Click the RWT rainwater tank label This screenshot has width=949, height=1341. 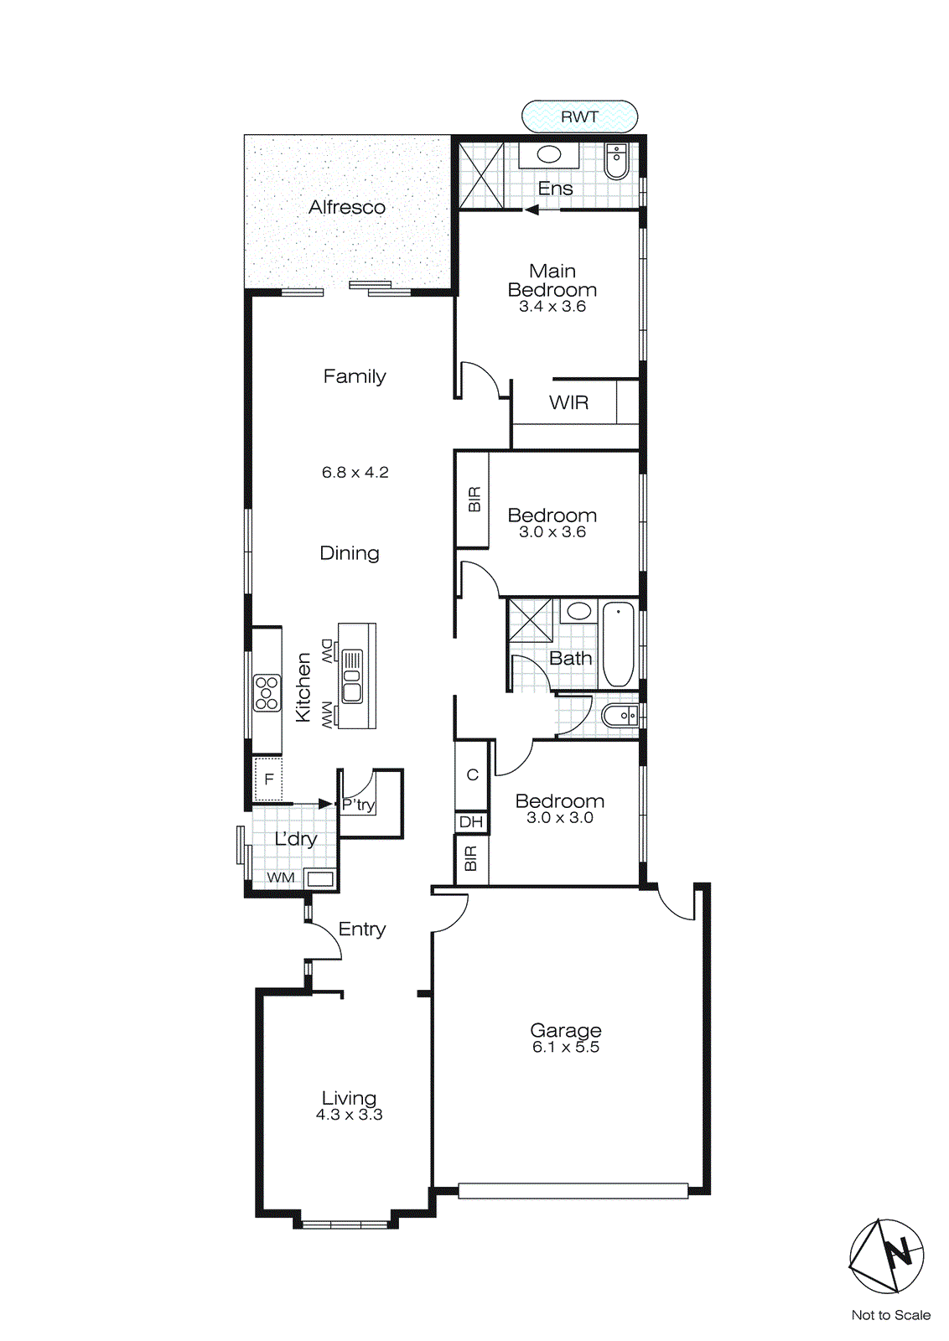[x=579, y=116]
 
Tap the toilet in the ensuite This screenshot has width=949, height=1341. [x=616, y=162]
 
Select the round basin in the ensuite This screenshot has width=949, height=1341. [x=548, y=154]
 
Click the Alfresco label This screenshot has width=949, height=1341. [x=347, y=207]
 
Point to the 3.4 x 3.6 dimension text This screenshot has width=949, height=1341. [x=552, y=307]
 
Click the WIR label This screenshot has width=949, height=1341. [x=568, y=403]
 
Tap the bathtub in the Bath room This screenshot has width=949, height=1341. [x=619, y=644]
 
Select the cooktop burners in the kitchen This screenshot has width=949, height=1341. [x=267, y=693]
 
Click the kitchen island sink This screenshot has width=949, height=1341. [x=352, y=676]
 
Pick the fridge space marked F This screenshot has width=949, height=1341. [x=269, y=779]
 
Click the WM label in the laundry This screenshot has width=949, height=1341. [x=281, y=878]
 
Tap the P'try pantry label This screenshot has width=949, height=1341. [x=359, y=805]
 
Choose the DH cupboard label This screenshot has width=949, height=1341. [x=471, y=822]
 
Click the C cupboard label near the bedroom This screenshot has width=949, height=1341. [x=472, y=774]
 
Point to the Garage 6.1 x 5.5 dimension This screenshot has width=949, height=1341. [x=566, y=1048]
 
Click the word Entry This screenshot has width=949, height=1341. [x=362, y=929]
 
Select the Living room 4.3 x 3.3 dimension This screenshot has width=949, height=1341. [x=349, y=1116]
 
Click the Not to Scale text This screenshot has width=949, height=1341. [x=890, y=1315]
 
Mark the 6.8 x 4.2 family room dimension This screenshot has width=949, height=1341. [x=355, y=473]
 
